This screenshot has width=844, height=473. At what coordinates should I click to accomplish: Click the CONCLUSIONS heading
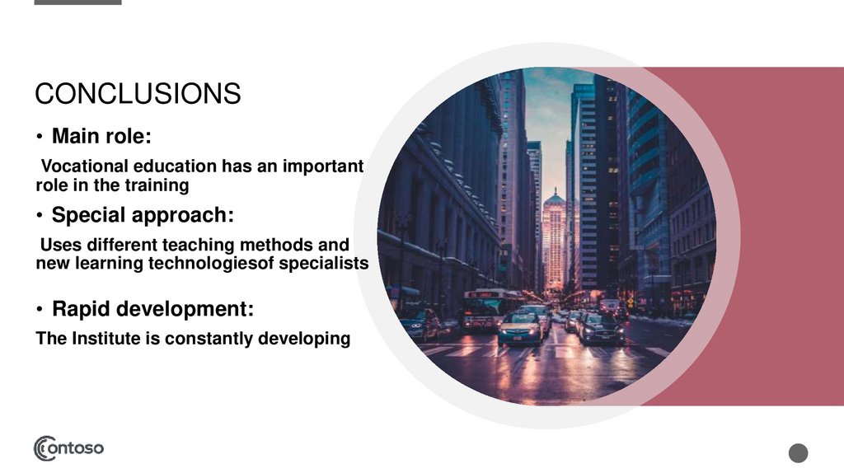[138, 94]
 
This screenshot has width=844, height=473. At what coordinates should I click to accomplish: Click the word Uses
[59, 245]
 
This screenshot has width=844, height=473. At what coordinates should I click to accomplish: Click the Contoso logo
[68, 448]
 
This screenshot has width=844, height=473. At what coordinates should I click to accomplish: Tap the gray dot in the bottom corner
[798, 452]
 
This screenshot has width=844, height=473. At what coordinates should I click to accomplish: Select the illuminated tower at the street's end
[554, 239]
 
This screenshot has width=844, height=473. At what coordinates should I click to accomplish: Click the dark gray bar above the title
[78, 2]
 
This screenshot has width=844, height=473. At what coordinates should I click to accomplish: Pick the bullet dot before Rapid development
[40, 310]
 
